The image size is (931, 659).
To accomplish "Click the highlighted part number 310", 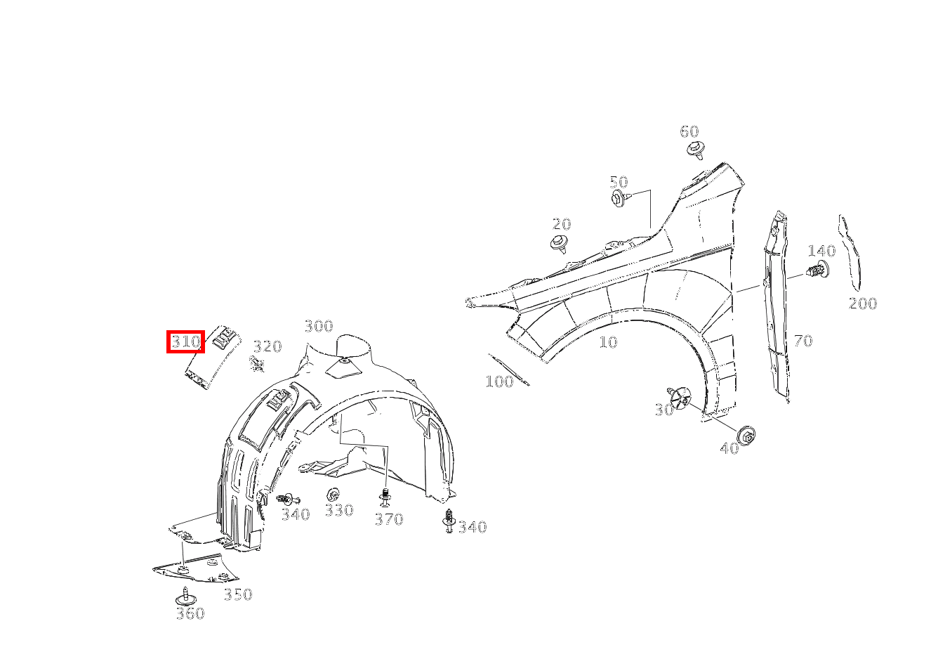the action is tap(186, 341).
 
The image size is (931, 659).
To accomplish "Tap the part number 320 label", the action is tap(268, 346).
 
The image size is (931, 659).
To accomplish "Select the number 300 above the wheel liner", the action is tap(319, 326).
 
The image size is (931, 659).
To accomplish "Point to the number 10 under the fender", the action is tap(608, 342).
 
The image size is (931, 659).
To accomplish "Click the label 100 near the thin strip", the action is tap(499, 381).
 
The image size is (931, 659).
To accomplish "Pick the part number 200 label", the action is tap(862, 304).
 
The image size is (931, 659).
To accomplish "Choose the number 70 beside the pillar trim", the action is tap(803, 341).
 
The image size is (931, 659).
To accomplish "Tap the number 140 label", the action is tap(821, 251).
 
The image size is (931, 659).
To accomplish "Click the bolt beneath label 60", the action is tap(696, 150).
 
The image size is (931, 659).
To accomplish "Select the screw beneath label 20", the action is tap(560, 244).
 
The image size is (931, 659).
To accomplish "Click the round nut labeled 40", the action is tap(746, 436).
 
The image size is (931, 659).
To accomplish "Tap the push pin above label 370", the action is tap(385, 497).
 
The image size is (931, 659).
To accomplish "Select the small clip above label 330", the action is tap(333, 495).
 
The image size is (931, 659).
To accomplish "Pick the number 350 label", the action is tap(238, 594).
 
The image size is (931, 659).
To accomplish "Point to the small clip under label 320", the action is tap(257, 364).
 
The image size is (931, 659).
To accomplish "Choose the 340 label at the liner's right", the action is tap(472, 527).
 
